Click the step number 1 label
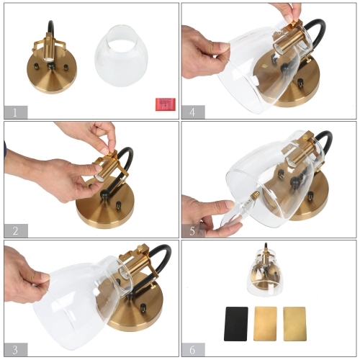[15, 112]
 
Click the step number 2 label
[15, 231]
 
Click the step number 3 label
[15, 348]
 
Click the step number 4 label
[192, 112]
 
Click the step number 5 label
[192, 231]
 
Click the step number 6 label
[192, 348]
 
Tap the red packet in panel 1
[166, 104]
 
